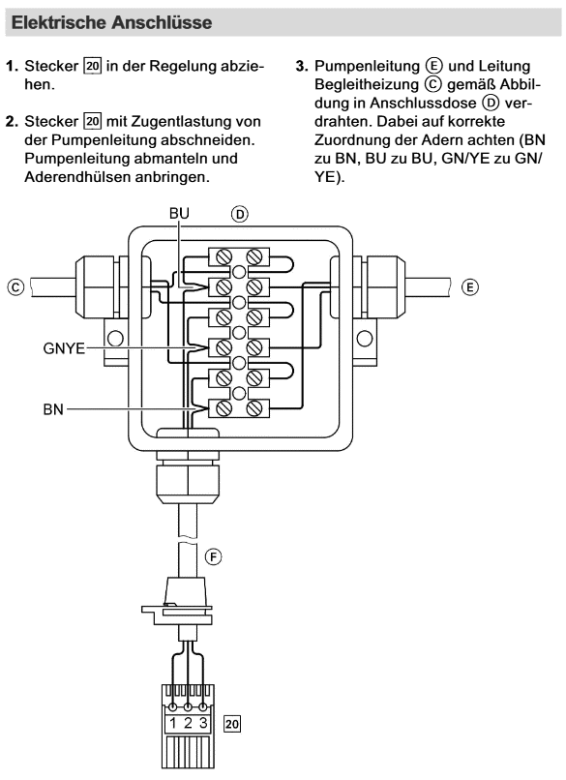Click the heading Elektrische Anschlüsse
(x=111, y=22)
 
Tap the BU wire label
(x=179, y=213)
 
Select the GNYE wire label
(x=64, y=348)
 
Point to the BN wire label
(x=53, y=409)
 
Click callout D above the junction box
(x=240, y=215)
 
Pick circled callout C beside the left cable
(x=15, y=287)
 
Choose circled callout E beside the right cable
(x=469, y=287)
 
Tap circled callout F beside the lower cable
(x=214, y=556)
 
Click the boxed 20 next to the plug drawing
(x=232, y=724)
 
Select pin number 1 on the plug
(x=172, y=723)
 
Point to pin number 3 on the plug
(x=203, y=723)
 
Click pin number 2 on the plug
(x=188, y=723)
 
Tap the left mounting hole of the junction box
(x=115, y=339)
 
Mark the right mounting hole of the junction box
(x=365, y=339)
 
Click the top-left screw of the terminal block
(x=223, y=257)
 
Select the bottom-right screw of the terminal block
(x=254, y=408)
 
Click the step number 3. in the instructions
(x=302, y=66)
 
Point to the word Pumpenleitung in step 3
(x=367, y=66)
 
